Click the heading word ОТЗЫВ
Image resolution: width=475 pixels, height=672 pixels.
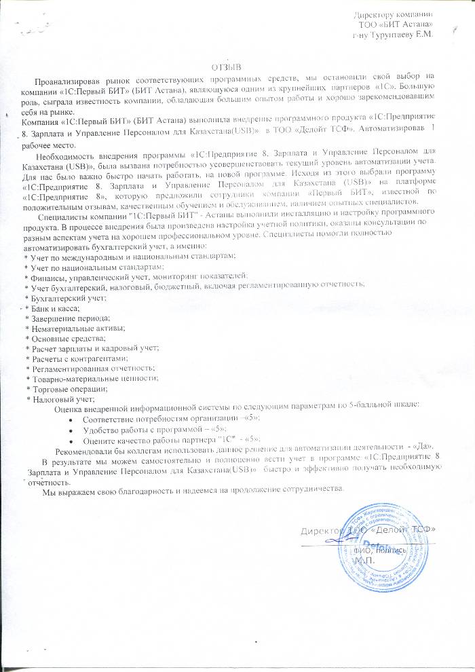(x=227, y=68)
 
